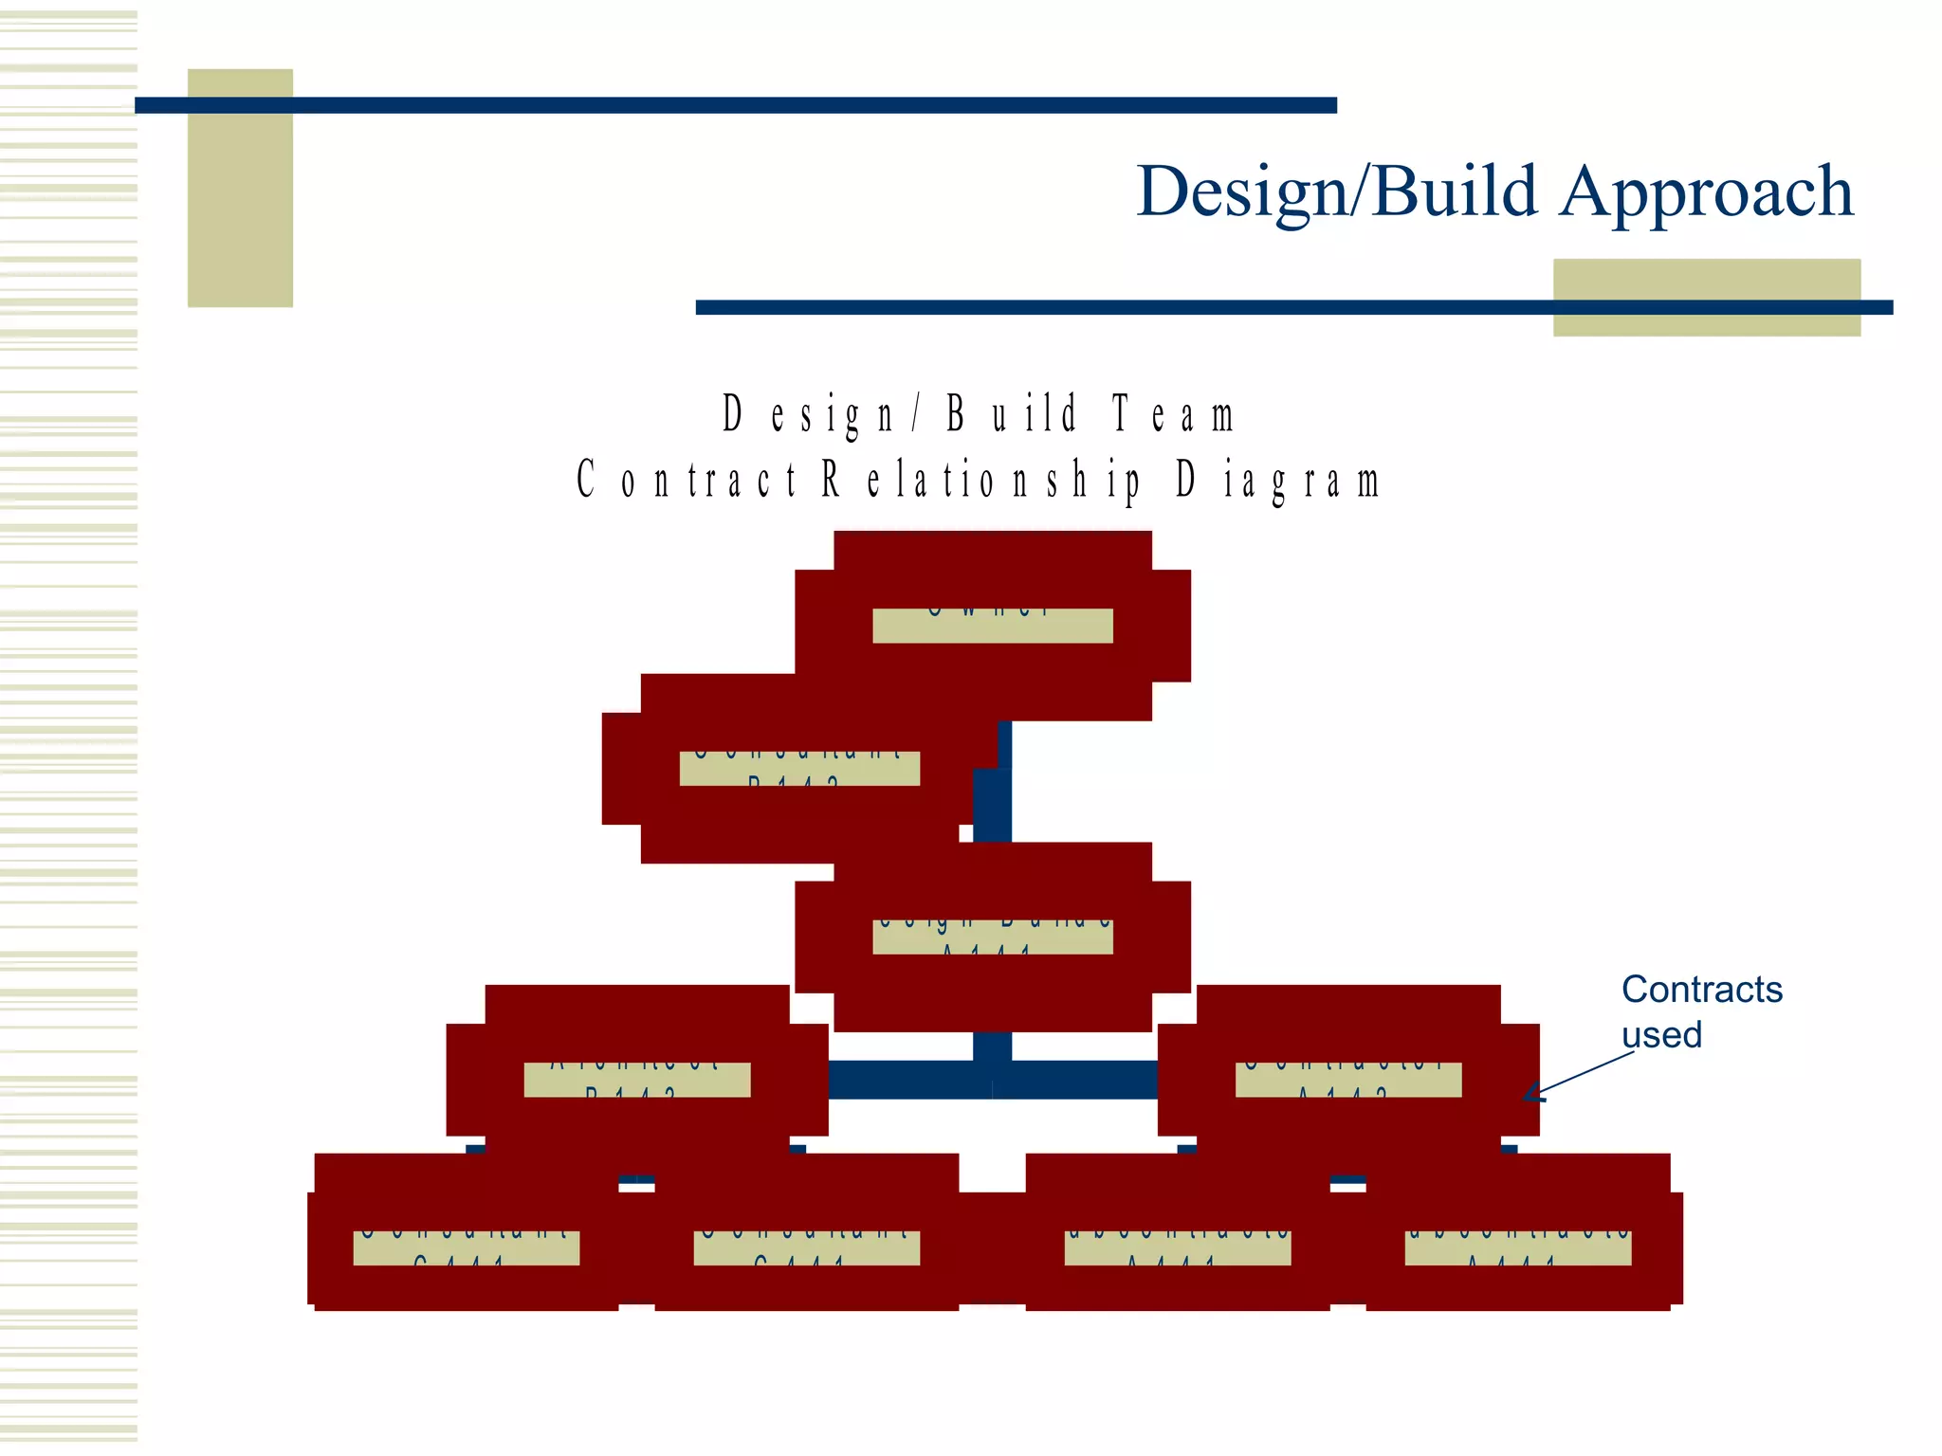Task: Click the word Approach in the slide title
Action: tap(1706, 192)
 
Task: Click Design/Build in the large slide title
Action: tap(1337, 192)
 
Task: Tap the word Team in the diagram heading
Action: tap(1173, 415)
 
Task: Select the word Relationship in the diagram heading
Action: tap(981, 480)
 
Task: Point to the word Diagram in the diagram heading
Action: tap(1276, 482)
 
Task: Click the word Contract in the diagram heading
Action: tap(687, 480)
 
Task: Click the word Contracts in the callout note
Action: tap(1701, 990)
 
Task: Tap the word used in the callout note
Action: tap(1661, 1035)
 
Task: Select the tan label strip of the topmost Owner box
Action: tap(992, 626)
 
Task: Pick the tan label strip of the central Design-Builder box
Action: tap(992, 937)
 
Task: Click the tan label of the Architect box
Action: tap(636, 1080)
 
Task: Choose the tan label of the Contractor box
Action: tap(1347, 1080)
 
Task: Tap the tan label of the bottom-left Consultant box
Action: tap(466, 1247)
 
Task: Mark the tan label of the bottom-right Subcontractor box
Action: tap(1517, 1247)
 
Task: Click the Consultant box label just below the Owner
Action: tap(799, 769)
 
